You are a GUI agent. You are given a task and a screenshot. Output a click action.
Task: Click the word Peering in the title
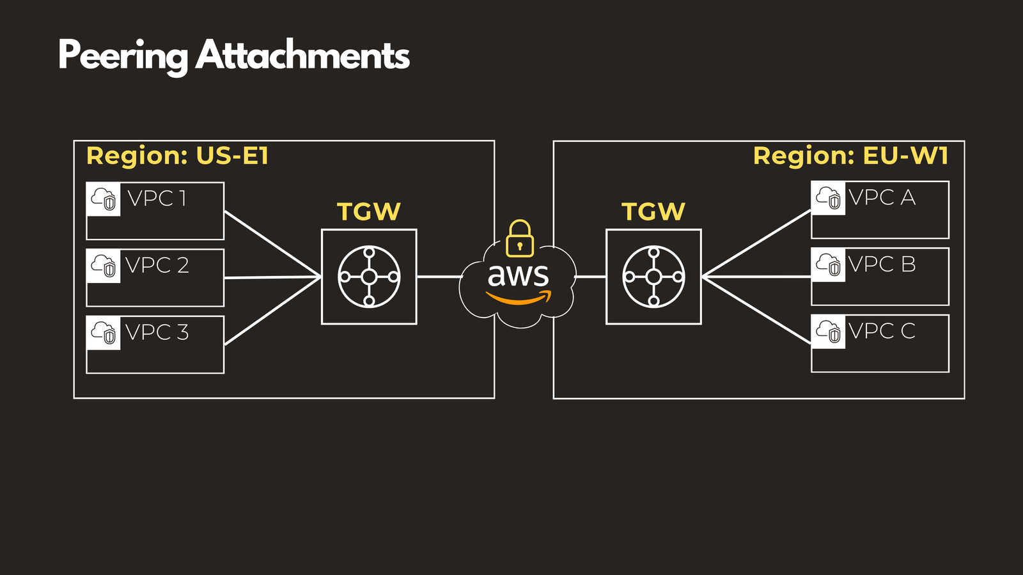click(123, 56)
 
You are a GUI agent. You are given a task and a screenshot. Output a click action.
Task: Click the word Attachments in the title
click(302, 56)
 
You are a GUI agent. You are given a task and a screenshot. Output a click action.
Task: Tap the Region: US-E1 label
click(177, 156)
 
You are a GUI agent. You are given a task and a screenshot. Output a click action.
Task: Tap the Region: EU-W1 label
click(850, 156)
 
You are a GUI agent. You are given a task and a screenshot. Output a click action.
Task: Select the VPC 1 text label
click(157, 199)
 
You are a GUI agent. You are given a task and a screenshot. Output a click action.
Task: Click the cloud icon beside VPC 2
click(104, 266)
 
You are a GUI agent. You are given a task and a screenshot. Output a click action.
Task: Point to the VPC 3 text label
click(157, 332)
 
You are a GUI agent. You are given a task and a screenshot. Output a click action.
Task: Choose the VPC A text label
click(882, 197)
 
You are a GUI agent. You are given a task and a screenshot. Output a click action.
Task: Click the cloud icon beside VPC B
click(829, 264)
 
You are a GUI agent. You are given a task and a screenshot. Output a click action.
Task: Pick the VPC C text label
click(882, 331)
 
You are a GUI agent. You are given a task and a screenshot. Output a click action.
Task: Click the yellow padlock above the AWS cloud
click(519, 239)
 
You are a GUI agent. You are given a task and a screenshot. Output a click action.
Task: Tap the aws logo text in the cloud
click(518, 276)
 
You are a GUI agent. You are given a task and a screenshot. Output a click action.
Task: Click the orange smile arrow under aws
click(518, 298)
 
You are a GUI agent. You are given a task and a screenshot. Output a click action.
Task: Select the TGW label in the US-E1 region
click(369, 211)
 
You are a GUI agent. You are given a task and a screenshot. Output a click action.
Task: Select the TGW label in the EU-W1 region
click(653, 211)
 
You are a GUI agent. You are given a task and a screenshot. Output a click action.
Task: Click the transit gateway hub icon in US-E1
click(369, 277)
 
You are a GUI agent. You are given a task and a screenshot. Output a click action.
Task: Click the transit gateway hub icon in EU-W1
click(653, 277)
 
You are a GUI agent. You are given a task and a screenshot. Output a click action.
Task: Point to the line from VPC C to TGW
click(756, 310)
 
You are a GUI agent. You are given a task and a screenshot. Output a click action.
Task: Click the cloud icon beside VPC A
click(829, 198)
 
